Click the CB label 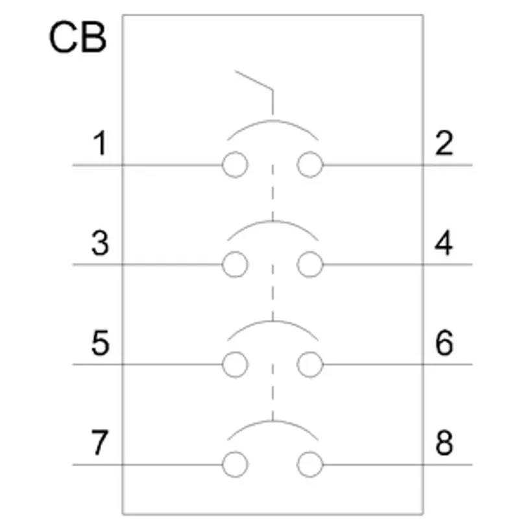coord(78,37)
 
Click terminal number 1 coord(100,143)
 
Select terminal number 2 coord(444,143)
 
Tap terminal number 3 coord(100,243)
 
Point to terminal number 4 coord(444,243)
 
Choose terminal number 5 coord(100,343)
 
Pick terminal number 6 coord(444,343)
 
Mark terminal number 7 coord(100,443)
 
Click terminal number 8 coord(444,443)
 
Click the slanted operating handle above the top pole coord(254,80)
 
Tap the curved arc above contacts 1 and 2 coord(272,121)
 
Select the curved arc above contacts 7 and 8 coord(272,421)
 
